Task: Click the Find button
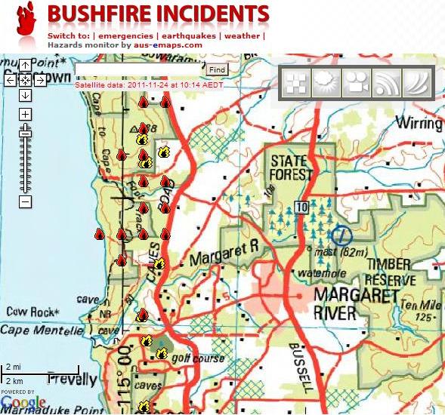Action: click(217, 69)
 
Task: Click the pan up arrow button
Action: click(25, 65)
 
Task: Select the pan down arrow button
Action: click(25, 94)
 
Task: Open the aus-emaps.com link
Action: click(168, 45)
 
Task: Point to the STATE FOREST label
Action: click(292, 168)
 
